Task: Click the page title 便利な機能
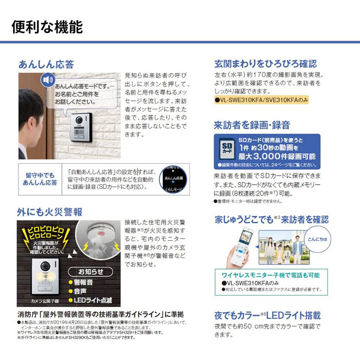[47, 27]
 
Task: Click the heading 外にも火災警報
[50, 211]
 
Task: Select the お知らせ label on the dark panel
[91, 272]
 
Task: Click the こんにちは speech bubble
[315, 239]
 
